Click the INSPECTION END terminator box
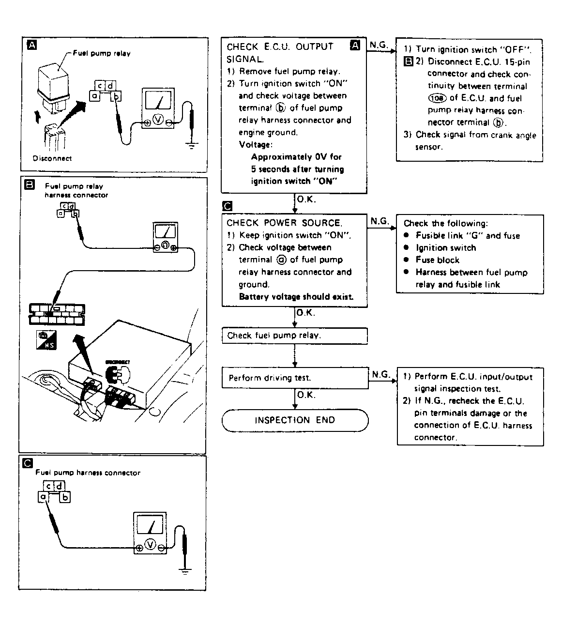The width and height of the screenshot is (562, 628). (295, 420)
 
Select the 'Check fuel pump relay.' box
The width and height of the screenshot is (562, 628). (294, 336)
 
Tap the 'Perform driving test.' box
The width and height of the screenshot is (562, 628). (294, 378)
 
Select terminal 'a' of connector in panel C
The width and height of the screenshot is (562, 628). (43, 497)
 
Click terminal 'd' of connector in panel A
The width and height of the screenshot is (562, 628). (110, 86)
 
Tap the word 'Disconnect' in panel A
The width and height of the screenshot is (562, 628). (52, 158)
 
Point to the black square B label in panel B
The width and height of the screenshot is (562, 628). (29, 184)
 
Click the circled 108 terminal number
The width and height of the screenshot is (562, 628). (437, 98)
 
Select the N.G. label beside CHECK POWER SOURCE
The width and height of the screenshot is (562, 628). (380, 221)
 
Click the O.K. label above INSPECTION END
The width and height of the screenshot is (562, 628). (306, 395)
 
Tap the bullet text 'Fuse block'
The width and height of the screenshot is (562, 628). (437, 260)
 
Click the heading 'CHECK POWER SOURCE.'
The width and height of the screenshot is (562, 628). (284, 223)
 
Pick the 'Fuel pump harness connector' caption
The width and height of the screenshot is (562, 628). (88, 473)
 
